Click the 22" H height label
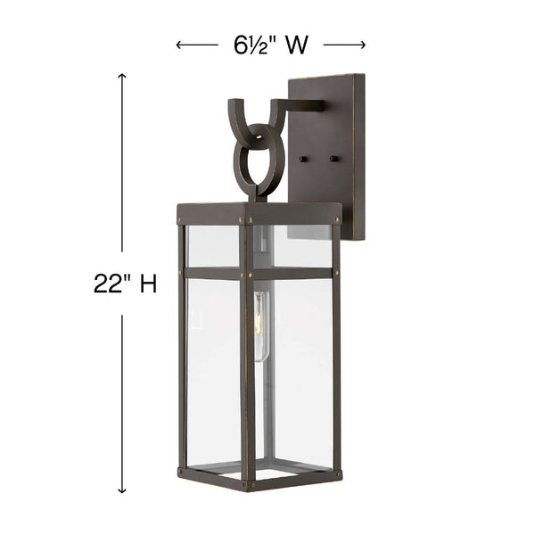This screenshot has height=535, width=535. pos(125,284)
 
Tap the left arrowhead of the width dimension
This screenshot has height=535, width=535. pos(179,45)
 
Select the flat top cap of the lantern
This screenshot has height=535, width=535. pos(259,213)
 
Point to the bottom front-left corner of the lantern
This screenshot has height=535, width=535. pos(182,472)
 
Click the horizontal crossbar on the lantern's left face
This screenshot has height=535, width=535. pos(212,273)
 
